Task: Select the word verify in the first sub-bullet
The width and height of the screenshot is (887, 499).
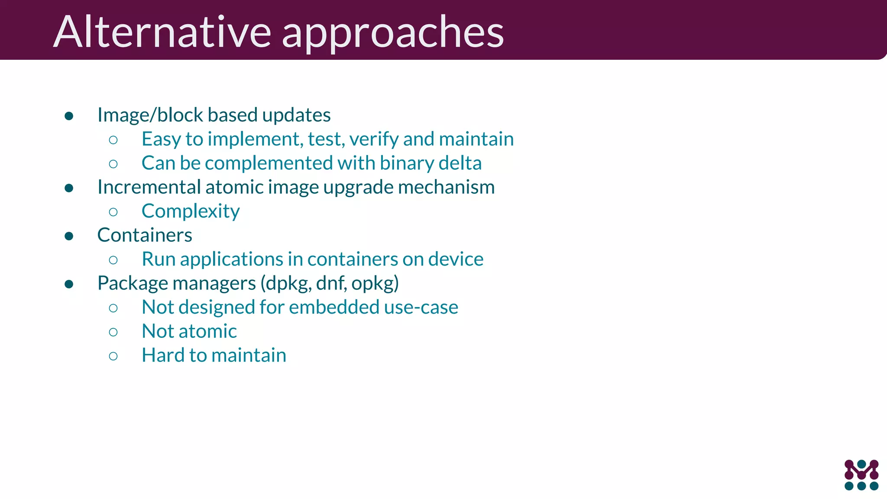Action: [x=374, y=139]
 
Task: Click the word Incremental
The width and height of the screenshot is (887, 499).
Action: [x=149, y=187]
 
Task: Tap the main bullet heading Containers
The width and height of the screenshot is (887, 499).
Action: [x=145, y=235]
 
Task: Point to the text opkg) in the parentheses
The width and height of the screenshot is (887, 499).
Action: [x=375, y=284]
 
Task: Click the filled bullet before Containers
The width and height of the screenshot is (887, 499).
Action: [x=69, y=236]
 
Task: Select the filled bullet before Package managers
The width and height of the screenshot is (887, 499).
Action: [x=69, y=284]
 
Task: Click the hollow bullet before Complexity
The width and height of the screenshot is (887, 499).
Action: [x=113, y=212]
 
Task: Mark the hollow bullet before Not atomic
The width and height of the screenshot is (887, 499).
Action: [x=113, y=332]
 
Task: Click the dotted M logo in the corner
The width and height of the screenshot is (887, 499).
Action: [x=861, y=475]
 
